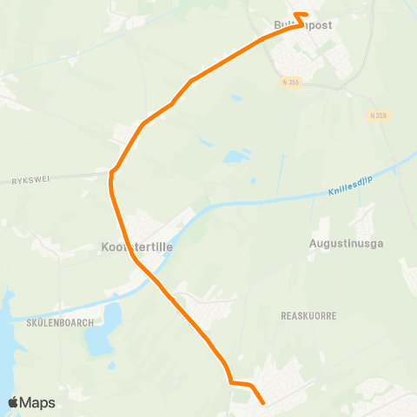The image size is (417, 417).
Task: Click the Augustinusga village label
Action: pyautogui.click(x=345, y=244)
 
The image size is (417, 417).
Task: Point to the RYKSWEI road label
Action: pyautogui.click(x=33, y=181)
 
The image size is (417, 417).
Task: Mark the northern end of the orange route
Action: pyautogui.click(x=296, y=15)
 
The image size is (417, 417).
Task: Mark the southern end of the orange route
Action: pyautogui.click(x=262, y=402)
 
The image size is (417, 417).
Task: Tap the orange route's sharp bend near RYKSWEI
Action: pyautogui.click(x=111, y=173)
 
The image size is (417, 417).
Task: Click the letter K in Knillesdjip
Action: pyautogui.click(x=332, y=193)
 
